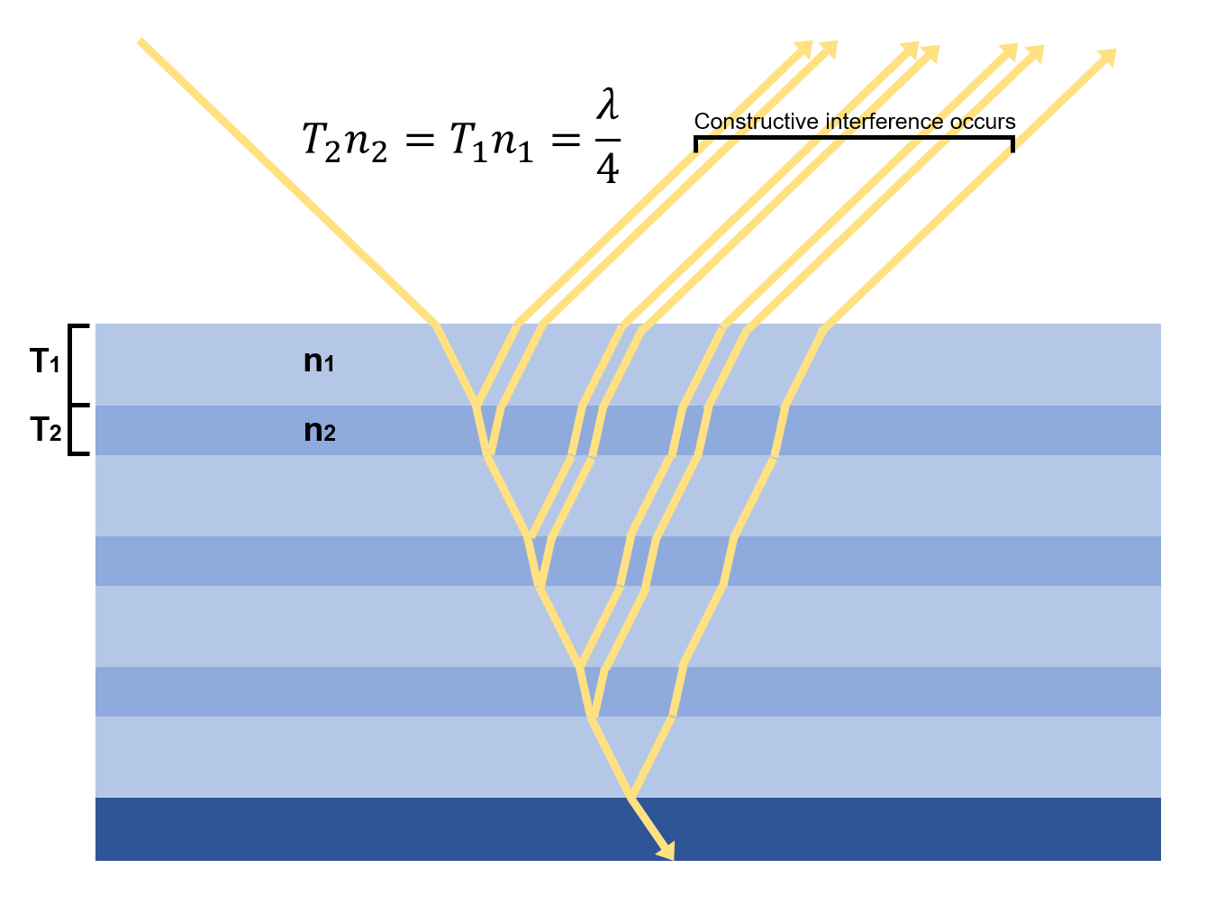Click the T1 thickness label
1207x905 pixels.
pos(45,362)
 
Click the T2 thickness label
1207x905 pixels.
pos(45,430)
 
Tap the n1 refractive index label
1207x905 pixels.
pos(319,362)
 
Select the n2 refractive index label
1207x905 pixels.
pos(319,431)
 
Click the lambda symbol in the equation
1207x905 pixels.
pos(608,105)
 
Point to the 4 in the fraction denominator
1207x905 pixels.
pos(608,168)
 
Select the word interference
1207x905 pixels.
pos(872,122)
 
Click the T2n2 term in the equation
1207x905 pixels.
pos(344,142)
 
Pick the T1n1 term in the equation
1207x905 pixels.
pos(492,142)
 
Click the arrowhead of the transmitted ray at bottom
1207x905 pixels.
pos(667,851)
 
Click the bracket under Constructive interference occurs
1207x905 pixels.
pos(854,138)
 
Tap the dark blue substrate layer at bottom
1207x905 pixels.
pos(360,829)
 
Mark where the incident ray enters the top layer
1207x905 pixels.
pos(436,324)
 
